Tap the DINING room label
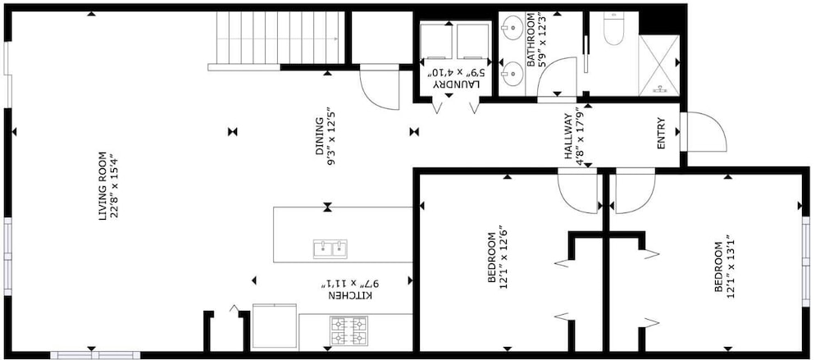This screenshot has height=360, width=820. click(x=318, y=137)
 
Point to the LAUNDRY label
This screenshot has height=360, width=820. click(x=455, y=84)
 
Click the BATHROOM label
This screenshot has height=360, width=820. click(x=531, y=41)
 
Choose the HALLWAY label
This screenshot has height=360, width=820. click(x=568, y=137)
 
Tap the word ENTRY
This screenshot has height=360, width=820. click(x=661, y=134)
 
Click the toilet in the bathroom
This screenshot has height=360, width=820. click(x=613, y=30)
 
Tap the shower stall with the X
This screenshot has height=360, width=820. click(x=659, y=65)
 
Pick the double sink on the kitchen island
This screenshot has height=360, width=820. click(x=330, y=249)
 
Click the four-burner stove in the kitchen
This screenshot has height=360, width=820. click(x=348, y=331)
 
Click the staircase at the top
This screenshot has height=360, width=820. click(x=280, y=38)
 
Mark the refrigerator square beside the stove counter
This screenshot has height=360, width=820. click(x=275, y=326)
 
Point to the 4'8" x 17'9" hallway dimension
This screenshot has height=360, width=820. click(x=578, y=136)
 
